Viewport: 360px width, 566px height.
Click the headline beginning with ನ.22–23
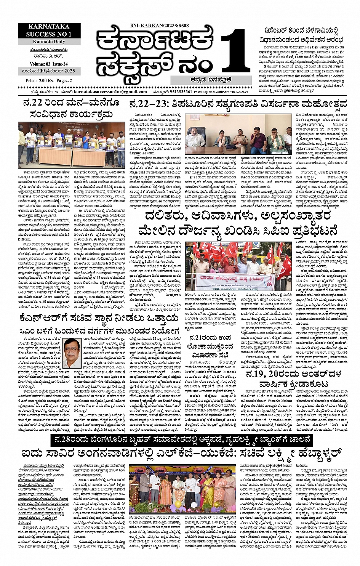238,104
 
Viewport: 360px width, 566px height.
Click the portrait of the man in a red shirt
72,351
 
